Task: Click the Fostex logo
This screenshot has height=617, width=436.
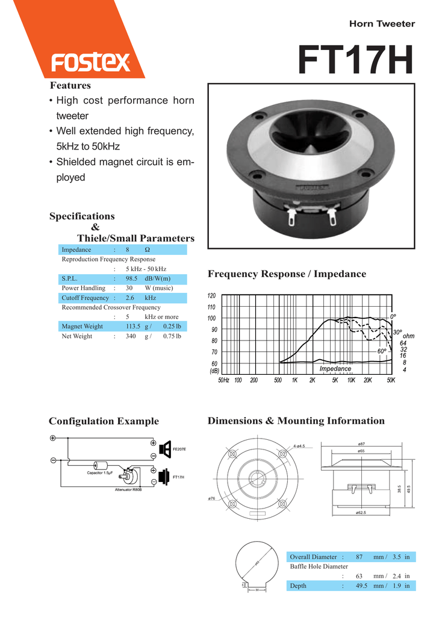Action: coord(91,63)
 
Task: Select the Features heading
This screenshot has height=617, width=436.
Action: coord(70,86)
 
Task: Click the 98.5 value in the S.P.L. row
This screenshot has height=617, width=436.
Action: coord(131,278)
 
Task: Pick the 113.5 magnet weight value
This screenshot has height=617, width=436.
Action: coord(133,326)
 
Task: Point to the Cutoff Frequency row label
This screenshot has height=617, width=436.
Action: coord(85,298)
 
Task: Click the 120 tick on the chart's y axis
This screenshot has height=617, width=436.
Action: coord(211,296)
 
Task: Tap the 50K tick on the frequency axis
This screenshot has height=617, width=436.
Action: coord(391,380)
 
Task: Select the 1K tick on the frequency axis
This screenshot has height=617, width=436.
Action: coord(294,380)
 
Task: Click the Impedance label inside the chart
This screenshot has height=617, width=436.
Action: coord(335,369)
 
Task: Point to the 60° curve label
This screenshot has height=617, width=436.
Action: coord(382,351)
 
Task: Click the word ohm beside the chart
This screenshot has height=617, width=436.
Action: coord(408,336)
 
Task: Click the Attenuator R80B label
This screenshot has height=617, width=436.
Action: coord(128,489)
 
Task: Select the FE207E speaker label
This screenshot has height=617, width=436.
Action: coord(179,449)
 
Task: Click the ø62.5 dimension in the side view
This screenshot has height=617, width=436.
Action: coord(361,512)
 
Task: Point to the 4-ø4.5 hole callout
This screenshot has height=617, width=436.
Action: coord(299,446)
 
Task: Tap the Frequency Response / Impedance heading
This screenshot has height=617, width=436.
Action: coord(287,274)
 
